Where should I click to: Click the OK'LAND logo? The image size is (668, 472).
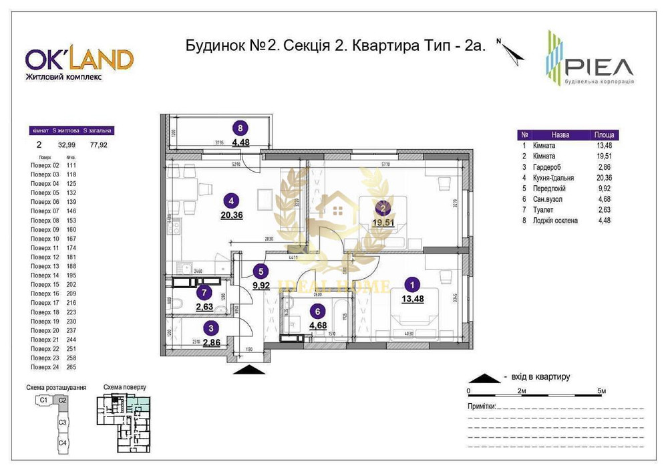(79, 60)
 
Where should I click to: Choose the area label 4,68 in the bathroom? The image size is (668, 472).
(319, 325)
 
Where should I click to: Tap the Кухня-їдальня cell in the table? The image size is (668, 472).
(552, 177)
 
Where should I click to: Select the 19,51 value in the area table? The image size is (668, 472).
(604, 156)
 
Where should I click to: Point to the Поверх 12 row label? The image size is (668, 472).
(45, 257)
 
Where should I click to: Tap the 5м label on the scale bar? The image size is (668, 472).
(601, 390)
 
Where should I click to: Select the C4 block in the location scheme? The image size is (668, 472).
(62, 443)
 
